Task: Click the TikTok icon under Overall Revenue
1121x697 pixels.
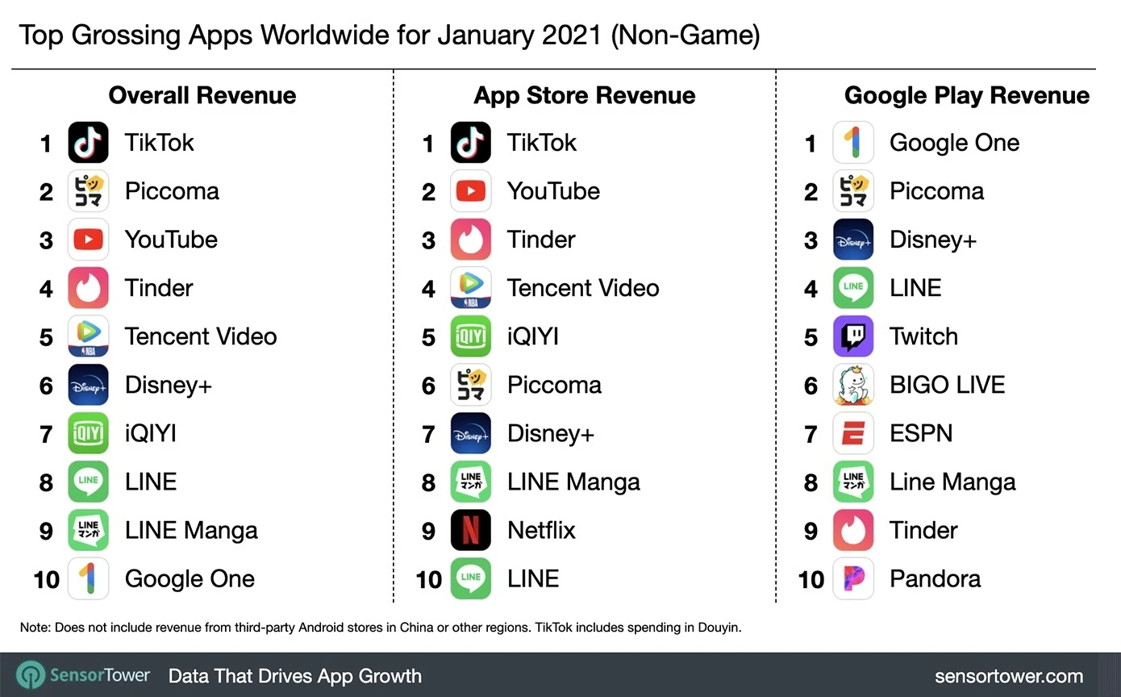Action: coord(88,143)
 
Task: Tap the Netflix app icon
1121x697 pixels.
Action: coord(470,530)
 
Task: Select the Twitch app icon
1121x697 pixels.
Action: coord(852,336)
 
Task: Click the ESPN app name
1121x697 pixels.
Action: coord(920,433)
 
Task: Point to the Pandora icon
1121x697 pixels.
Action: coord(852,578)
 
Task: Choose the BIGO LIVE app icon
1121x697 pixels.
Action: coord(852,385)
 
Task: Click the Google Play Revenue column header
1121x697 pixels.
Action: coord(966,95)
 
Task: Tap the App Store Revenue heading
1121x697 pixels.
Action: coord(584,95)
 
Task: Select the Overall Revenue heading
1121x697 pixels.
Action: coord(202,95)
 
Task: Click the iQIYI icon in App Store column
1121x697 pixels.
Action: coord(470,336)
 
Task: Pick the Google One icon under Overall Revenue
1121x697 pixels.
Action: coord(88,578)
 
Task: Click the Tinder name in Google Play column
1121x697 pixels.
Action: coord(923,530)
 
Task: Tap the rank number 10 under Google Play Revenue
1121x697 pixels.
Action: coord(811,579)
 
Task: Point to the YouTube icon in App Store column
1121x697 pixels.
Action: coord(470,191)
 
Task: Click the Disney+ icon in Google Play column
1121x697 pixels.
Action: coord(852,240)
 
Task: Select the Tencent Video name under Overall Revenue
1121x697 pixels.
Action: coord(200,336)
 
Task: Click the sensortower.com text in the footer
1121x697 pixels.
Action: coord(1008,676)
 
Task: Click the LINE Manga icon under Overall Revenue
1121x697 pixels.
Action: coord(88,530)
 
